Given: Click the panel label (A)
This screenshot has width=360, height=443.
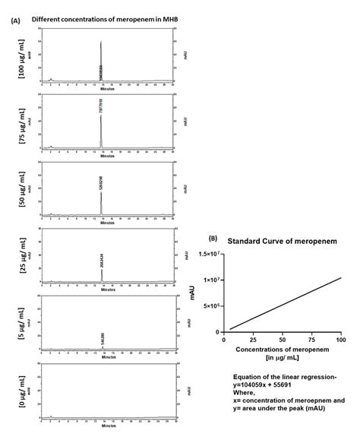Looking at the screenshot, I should coord(15,21).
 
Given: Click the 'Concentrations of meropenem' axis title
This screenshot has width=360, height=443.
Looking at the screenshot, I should coord(280,350).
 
